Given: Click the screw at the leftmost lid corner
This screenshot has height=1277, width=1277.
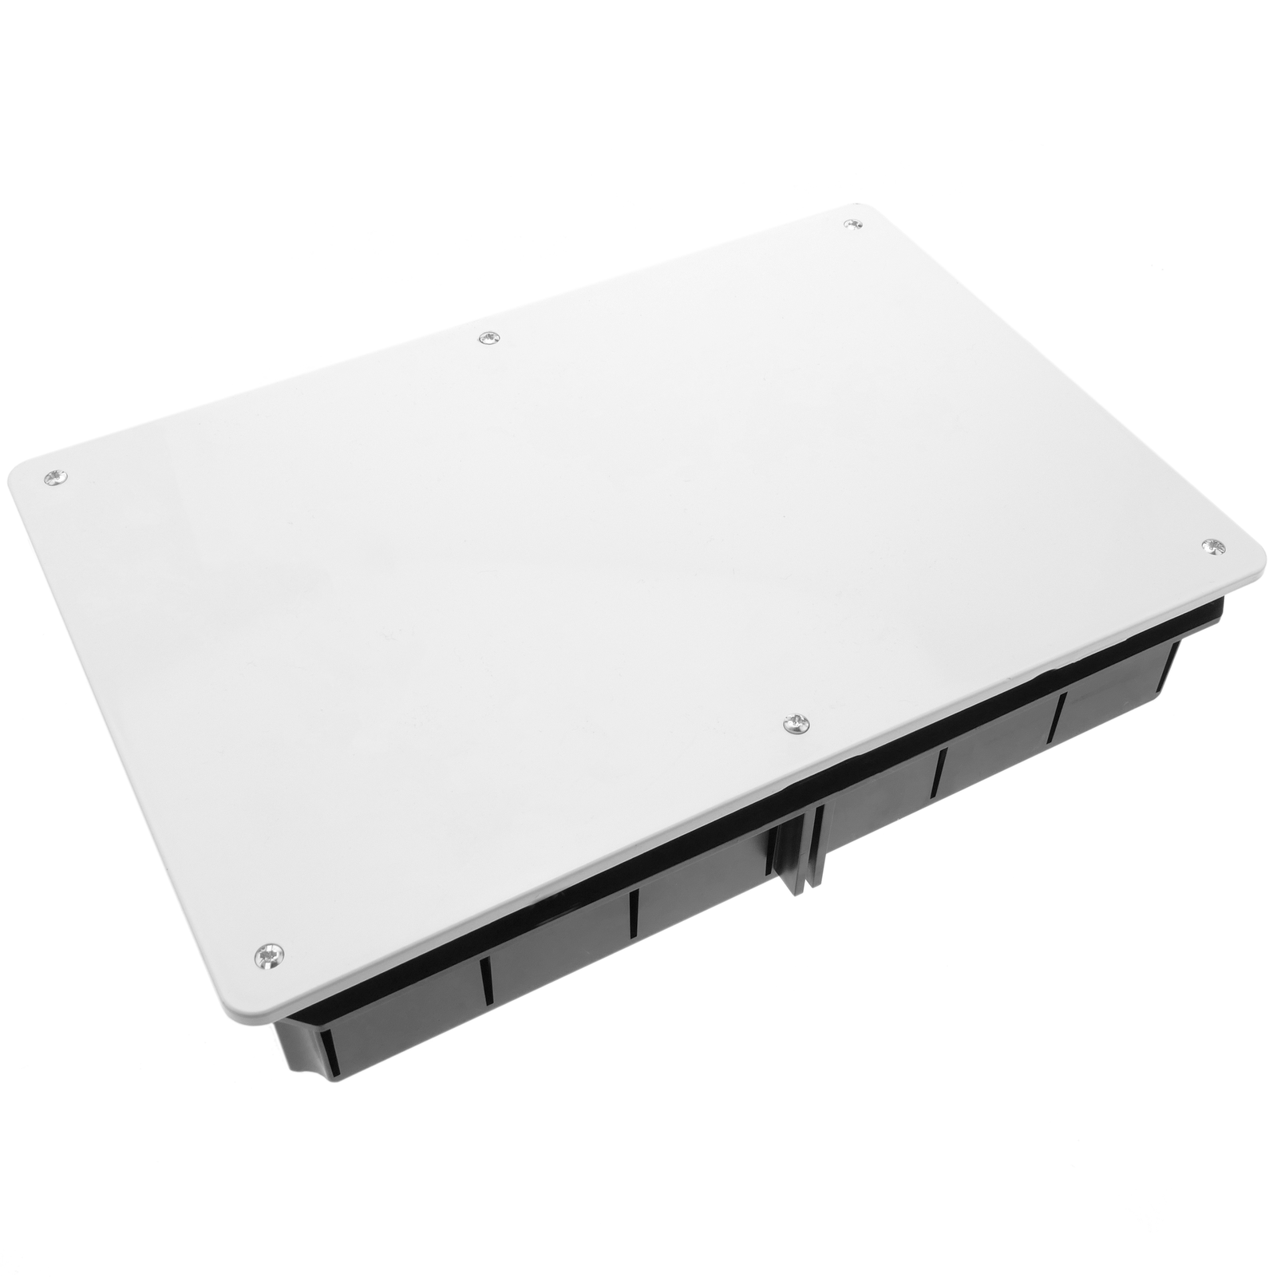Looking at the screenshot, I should tap(55, 477).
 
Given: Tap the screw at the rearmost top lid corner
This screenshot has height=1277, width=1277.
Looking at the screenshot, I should tap(853, 226).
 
